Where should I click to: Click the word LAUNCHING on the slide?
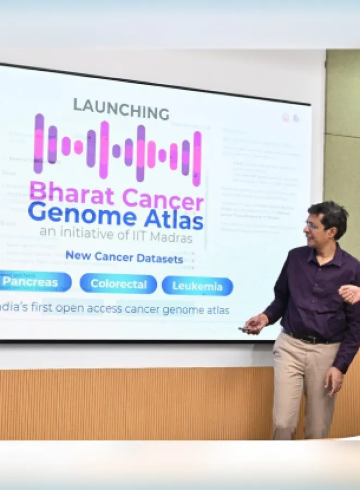[121, 108]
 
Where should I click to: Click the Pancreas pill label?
[30, 282]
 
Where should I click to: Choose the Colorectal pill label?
[118, 284]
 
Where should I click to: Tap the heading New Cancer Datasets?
[124, 258]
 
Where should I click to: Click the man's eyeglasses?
[315, 225]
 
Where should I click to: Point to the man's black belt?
[311, 338]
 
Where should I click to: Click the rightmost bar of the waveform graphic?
[197, 158]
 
